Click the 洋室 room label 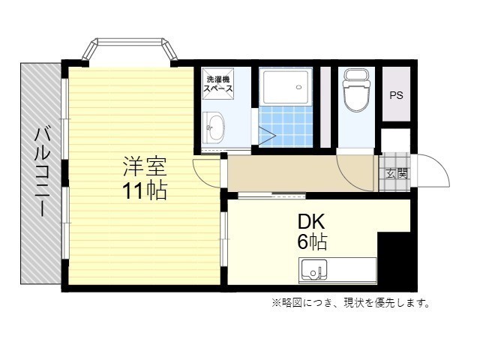145,166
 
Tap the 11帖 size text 145,190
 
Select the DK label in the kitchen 311,222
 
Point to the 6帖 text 312,241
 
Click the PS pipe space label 396,95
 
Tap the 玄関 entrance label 397,173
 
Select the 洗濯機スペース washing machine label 218,84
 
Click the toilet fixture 356,89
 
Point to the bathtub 286,87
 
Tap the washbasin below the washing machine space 213,127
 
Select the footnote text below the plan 350,303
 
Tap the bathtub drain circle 299,87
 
